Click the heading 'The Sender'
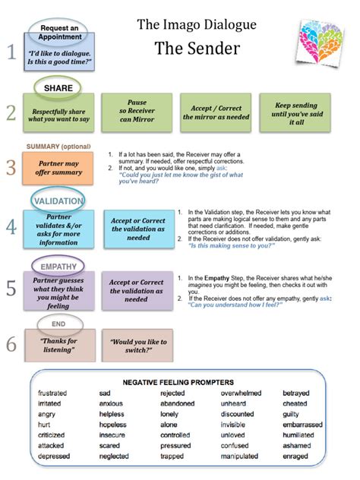click(x=197, y=49)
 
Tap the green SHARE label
click(x=58, y=88)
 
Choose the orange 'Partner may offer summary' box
click(x=58, y=168)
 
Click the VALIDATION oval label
click(x=58, y=200)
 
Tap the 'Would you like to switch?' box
click(x=137, y=346)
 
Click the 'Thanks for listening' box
click(x=58, y=346)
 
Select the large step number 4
click(x=11, y=226)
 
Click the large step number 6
click(x=11, y=344)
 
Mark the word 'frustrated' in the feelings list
click(x=52, y=393)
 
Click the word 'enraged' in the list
click(x=295, y=456)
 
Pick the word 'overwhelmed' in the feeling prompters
click(x=242, y=393)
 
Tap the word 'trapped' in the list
click(x=172, y=456)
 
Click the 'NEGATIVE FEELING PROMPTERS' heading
click(x=179, y=381)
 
